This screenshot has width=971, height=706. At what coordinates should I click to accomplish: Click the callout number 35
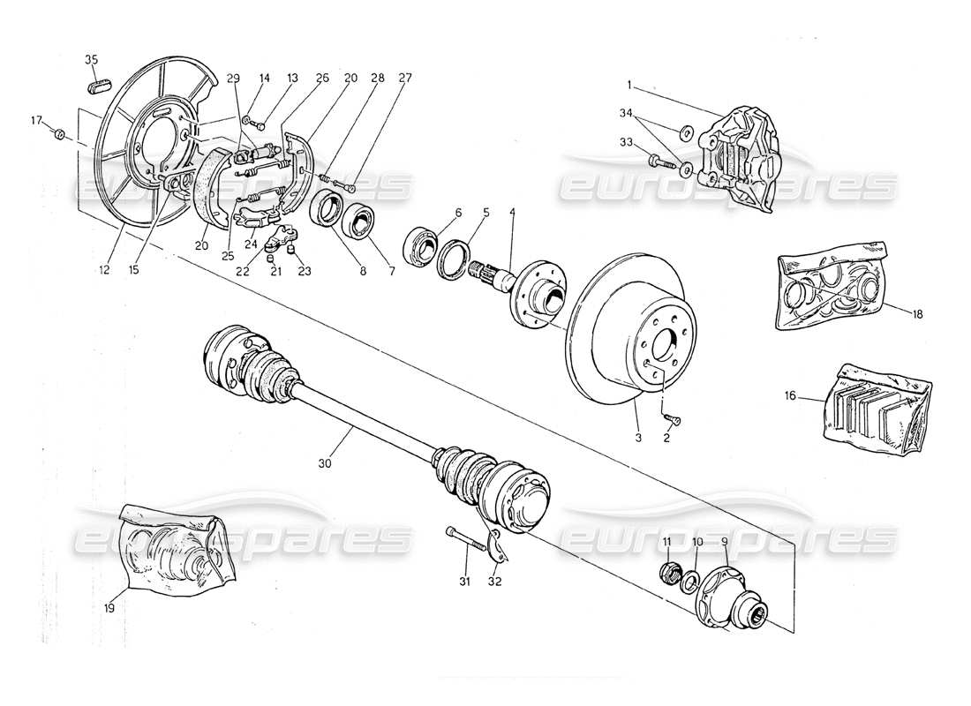click(x=91, y=60)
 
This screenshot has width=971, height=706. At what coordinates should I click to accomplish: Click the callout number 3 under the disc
click(x=638, y=437)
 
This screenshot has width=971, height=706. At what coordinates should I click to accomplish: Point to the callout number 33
click(x=627, y=142)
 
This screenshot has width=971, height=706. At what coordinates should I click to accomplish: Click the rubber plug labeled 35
click(x=98, y=86)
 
